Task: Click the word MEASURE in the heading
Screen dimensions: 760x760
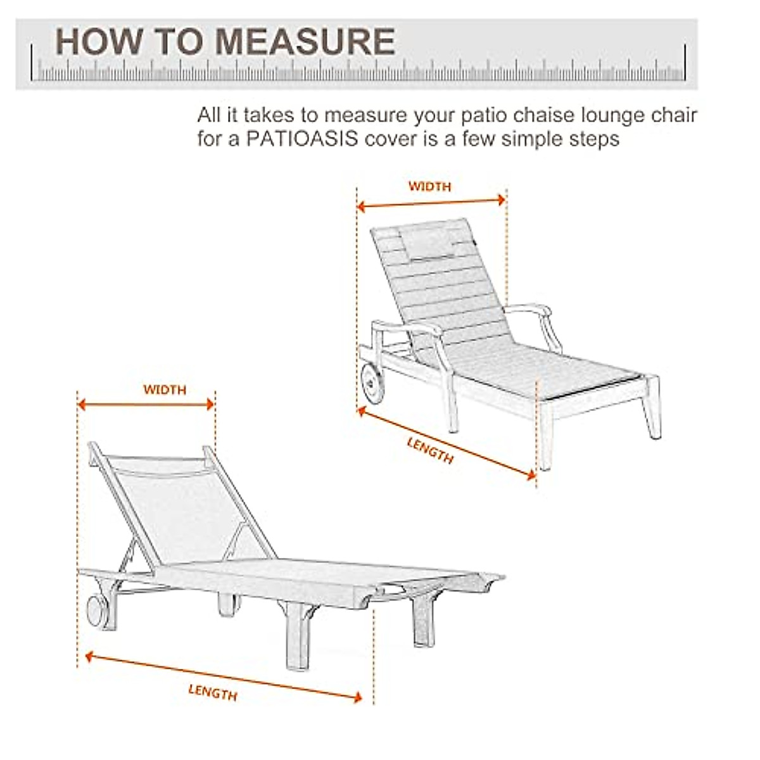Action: pyautogui.click(x=305, y=42)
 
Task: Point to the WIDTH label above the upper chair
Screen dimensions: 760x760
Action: pyautogui.click(x=429, y=186)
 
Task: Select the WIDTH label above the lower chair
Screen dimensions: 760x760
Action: pyautogui.click(x=165, y=389)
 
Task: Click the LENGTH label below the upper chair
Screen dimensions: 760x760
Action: pyautogui.click(x=430, y=450)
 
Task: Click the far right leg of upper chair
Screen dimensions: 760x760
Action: pyautogui.click(x=652, y=412)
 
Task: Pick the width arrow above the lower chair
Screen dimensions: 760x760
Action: pyautogui.click(x=146, y=404)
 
